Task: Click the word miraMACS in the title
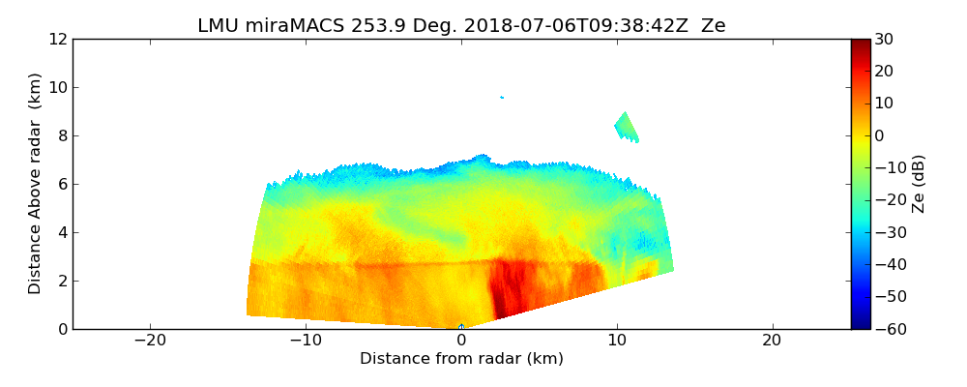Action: pos(281,26)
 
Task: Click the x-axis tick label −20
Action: pos(150,341)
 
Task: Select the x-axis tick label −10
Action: pos(306,341)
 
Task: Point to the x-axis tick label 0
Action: pos(461,341)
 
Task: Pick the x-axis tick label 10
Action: pos(617,341)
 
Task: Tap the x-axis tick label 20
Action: pos(772,341)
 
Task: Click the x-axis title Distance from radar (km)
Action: pos(461,359)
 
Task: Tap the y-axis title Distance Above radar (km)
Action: pos(36,184)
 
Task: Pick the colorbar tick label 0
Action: pos(880,136)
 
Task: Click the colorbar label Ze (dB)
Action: pos(920,184)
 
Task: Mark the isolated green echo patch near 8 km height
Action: pos(627,127)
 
